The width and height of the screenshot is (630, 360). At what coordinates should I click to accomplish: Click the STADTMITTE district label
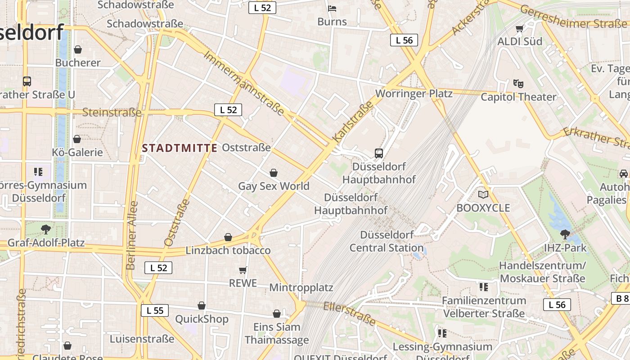coord(180,148)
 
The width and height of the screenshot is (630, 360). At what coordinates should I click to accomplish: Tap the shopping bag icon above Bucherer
coord(78,49)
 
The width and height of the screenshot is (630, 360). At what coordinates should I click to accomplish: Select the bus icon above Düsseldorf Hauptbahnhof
coord(379,153)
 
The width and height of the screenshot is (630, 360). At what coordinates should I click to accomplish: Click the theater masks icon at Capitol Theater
coord(518,84)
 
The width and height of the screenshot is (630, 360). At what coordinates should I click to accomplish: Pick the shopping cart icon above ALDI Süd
coord(520,29)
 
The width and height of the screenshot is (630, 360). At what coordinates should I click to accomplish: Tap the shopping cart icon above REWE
coord(243,270)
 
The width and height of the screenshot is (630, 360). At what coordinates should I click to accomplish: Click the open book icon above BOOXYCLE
coord(483,195)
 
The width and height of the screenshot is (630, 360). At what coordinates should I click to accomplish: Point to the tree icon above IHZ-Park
coord(565,234)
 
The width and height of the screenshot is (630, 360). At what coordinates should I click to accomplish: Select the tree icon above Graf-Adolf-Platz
coord(45,229)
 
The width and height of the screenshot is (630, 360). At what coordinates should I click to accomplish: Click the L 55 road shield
coord(155,310)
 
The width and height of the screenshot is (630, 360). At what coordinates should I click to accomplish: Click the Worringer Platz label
coord(414,94)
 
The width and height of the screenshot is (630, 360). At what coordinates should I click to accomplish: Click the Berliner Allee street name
coord(132,235)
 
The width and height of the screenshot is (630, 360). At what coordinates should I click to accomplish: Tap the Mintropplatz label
coord(301,288)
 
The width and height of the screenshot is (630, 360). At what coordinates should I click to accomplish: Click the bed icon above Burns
coord(332,9)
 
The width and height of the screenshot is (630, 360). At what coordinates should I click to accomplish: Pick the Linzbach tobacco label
coord(228,251)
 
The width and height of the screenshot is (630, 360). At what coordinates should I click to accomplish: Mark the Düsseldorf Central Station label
coord(387,241)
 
